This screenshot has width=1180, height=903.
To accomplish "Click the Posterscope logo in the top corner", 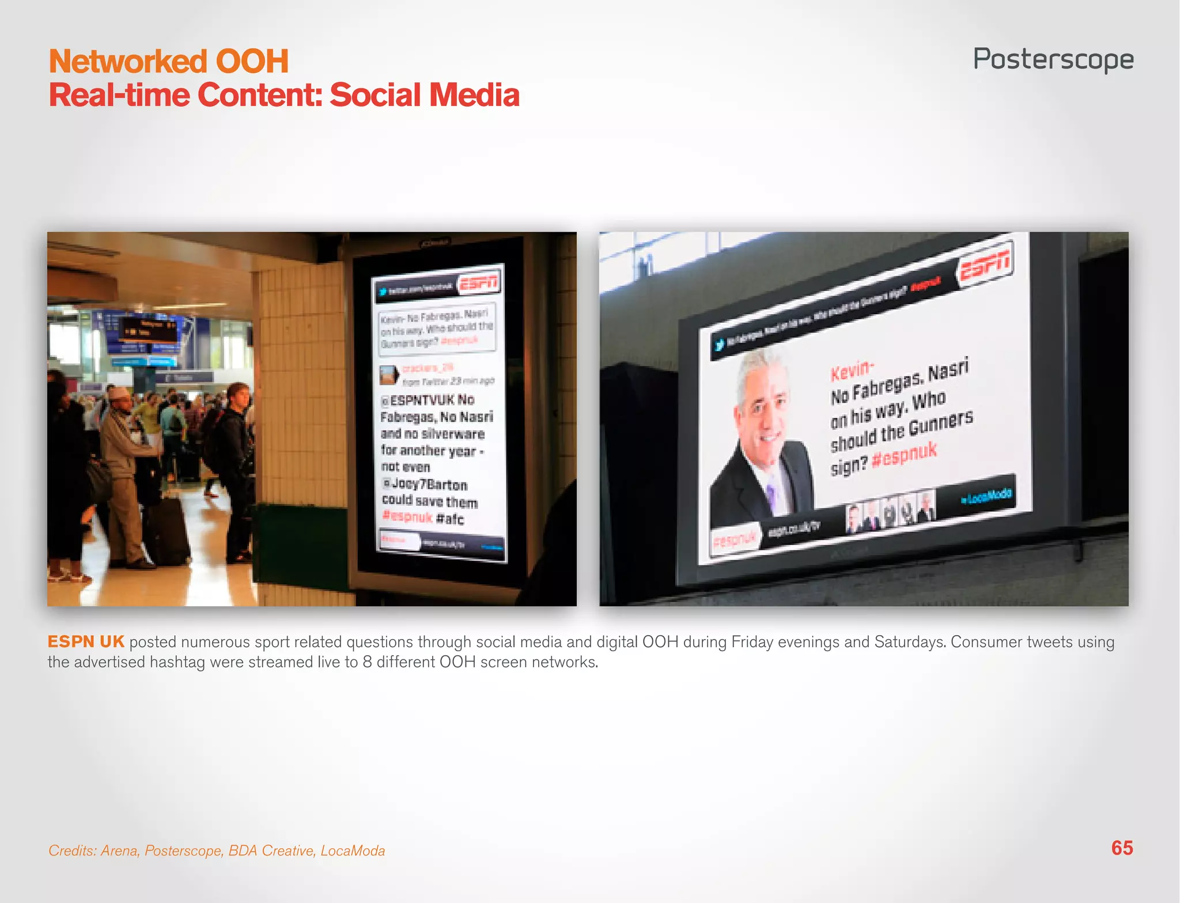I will pos(1053,59).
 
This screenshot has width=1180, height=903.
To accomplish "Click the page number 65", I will pos(1122,848).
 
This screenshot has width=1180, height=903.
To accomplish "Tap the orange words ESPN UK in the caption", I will pos(86,641).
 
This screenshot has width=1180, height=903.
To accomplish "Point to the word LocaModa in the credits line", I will pos(353,851).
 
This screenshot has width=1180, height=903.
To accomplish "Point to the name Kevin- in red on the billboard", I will pos(852,370).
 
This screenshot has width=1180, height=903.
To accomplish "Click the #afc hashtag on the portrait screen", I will pos(450,519).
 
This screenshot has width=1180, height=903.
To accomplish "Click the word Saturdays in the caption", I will pos(909,641).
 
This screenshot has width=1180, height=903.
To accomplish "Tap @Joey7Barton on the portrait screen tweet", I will pos(425,484).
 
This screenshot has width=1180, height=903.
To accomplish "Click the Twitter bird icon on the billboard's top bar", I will pos(719,345).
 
